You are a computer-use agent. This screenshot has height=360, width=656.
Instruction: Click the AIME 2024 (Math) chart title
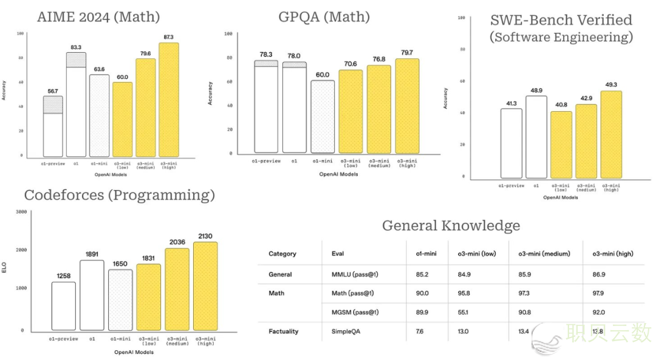click(98, 16)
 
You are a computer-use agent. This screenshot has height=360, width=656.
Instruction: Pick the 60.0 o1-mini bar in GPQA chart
click(322, 116)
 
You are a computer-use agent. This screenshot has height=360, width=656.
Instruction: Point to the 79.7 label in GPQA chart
click(408, 52)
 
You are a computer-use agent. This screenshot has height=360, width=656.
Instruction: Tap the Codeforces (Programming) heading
click(119, 195)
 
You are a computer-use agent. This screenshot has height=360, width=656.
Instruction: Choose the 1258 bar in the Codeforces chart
click(63, 306)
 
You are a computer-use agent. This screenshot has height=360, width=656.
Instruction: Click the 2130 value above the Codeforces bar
click(205, 236)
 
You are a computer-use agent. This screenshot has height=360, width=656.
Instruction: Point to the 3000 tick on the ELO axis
click(21, 212)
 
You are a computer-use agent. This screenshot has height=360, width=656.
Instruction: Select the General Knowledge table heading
click(451, 226)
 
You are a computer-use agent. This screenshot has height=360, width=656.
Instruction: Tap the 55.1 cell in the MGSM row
click(464, 312)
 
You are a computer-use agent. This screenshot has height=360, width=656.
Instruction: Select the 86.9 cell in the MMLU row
click(598, 274)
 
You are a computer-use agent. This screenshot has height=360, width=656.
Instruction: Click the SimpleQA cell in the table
click(346, 331)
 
